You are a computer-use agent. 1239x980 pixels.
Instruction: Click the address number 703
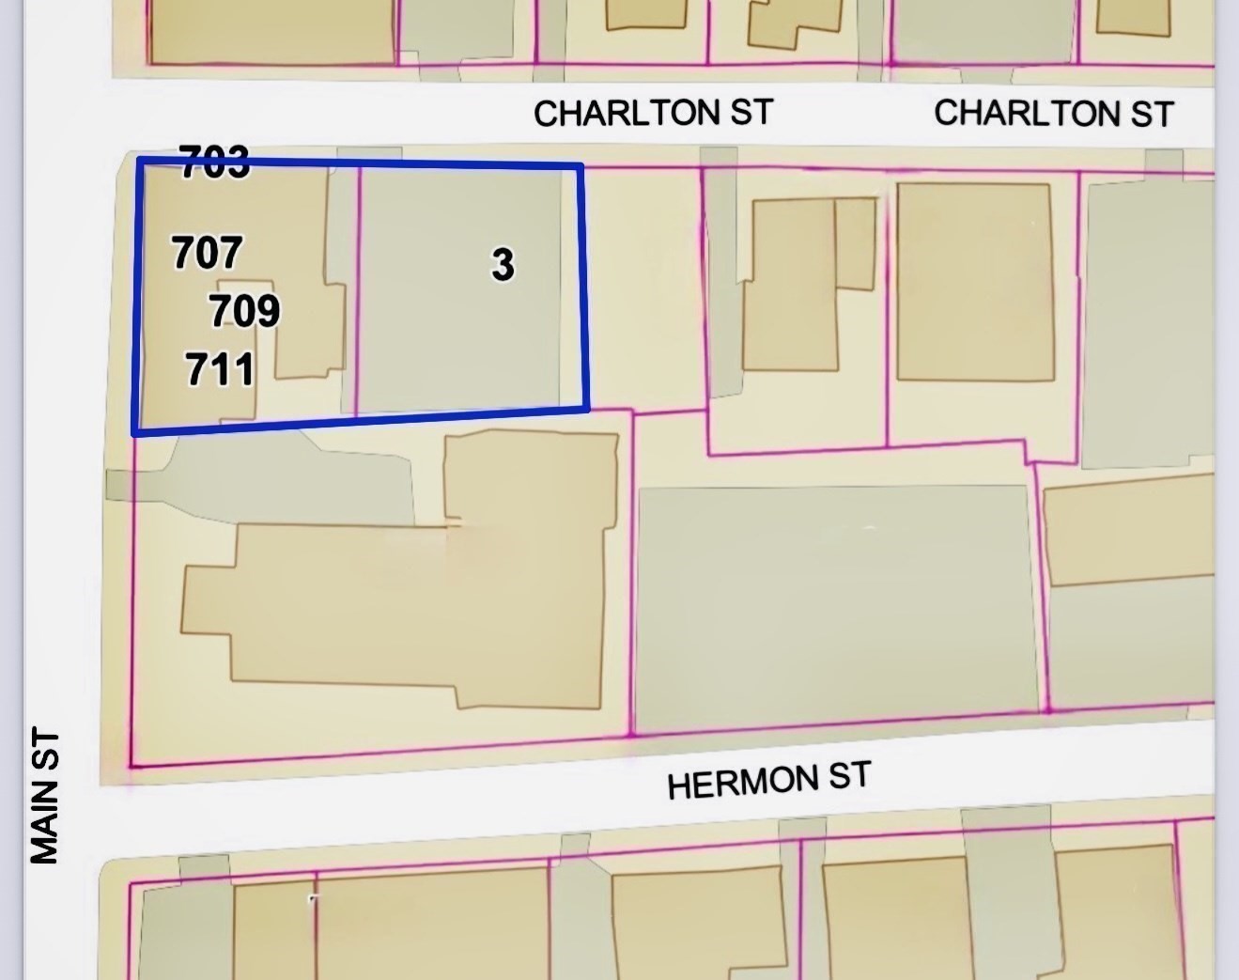pyautogui.click(x=215, y=163)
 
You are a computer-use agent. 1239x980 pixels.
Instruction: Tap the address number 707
pyautogui.click(x=208, y=252)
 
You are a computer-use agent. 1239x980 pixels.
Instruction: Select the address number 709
pyautogui.click(x=244, y=310)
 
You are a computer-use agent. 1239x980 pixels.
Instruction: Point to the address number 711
pyautogui.click(x=220, y=369)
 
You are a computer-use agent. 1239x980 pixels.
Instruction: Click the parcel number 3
pyautogui.click(x=503, y=264)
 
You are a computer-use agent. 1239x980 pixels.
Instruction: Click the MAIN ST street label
pyautogui.click(x=45, y=795)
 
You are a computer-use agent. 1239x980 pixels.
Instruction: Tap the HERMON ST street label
pyautogui.click(x=768, y=780)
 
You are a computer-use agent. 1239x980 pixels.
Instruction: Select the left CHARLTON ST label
pyautogui.click(x=653, y=113)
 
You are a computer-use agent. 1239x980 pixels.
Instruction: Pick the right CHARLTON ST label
pyautogui.click(x=1053, y=114)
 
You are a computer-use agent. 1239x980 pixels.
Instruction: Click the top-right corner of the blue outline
pyautogui.click(x=581, y=167)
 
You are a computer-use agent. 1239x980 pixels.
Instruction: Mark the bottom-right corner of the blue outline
pyautogui.click(x=587, y=408)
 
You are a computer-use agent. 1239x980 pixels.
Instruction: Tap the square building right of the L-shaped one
pyautogui.click(x=973, y=282)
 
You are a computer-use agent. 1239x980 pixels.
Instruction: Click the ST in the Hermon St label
pyautogui.click(x=848, y=776)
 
